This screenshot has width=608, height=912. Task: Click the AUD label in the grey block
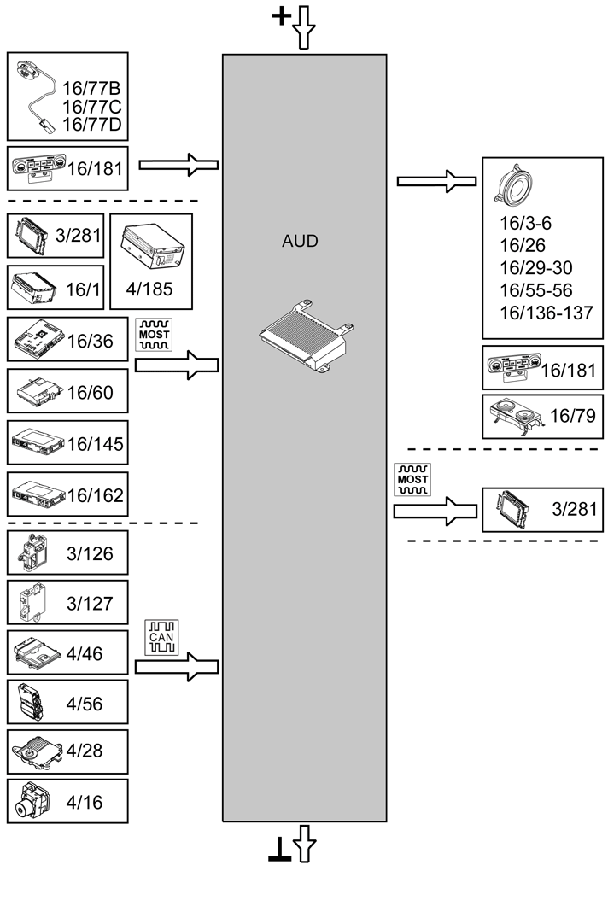pos(300,242)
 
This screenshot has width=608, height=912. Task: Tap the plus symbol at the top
pos(281,16)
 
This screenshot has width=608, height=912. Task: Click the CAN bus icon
pos(161,638)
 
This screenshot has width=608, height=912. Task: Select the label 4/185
pos(151,289)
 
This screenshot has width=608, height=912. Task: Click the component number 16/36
pos(90,342)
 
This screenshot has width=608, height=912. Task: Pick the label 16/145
pos(95,444)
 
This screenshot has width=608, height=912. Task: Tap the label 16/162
pos(95,495)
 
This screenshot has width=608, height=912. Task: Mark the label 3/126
pos(90,554)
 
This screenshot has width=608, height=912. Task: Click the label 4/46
pos(85,653)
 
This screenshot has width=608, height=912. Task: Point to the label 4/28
pos(85,752)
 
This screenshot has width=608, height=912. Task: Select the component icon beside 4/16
pos(34,802)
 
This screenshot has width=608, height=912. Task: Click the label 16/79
pos(573,418)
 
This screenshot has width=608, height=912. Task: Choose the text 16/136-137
pos(546,313)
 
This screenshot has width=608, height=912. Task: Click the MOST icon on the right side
pos(412,480)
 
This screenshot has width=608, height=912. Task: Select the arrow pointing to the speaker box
pos(436,181)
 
